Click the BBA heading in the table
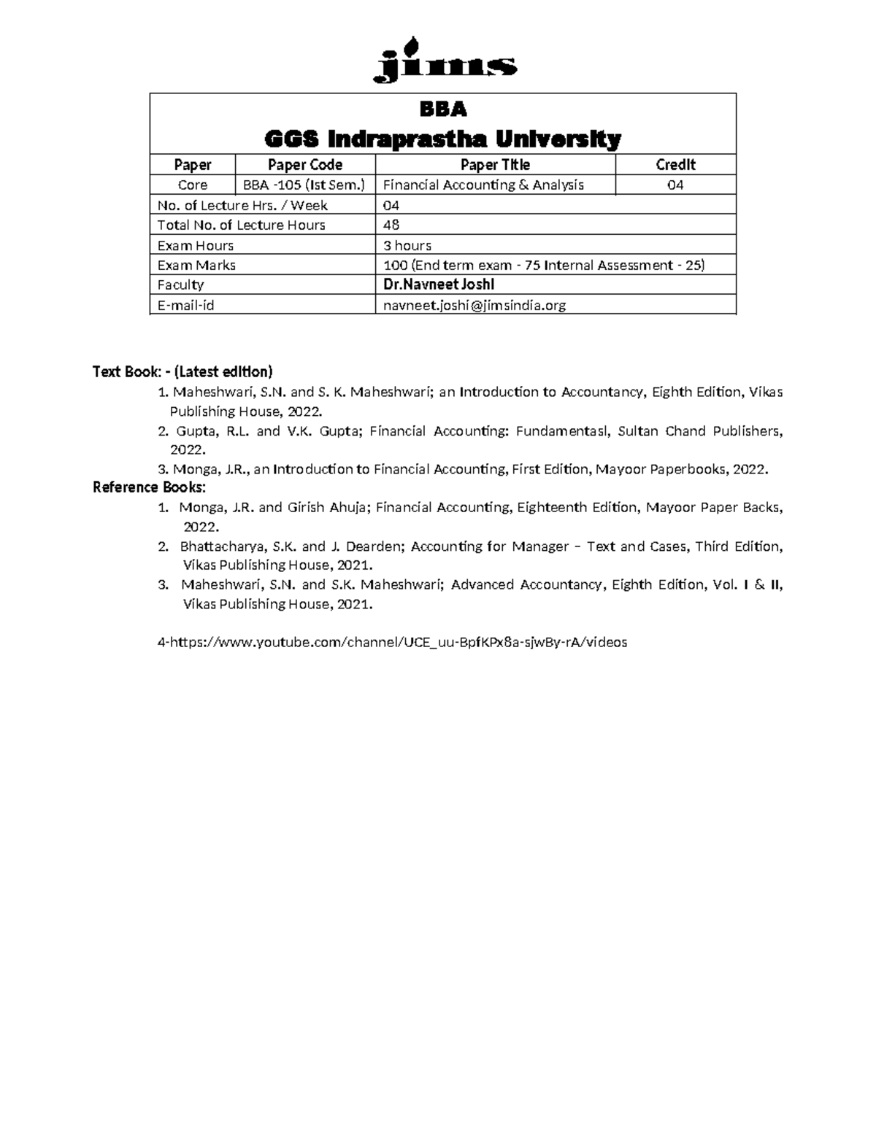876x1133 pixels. pos(442,110)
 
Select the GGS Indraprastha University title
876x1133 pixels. pos(442,138)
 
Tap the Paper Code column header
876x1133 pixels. pos(304,165)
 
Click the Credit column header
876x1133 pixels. pos(675,165)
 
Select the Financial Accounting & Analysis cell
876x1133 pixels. pos(483,185)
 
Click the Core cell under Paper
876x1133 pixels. pos(193,185)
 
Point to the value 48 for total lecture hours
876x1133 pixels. pos(392,225)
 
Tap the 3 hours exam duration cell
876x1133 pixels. pos(407,246)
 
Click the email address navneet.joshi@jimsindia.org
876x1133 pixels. pos(474,306)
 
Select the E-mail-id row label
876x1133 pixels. pos(185,306)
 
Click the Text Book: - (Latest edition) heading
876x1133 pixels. pos(182,372)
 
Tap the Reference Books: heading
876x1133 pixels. pos(150,487)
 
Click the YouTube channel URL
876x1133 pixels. pos(393,643)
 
